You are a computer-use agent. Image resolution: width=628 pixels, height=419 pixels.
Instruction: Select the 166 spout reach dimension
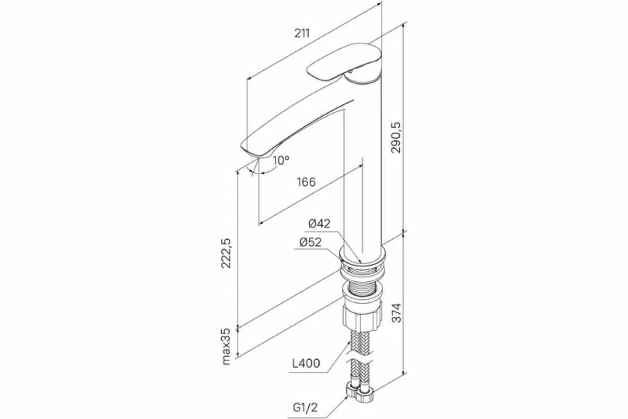(306, 182)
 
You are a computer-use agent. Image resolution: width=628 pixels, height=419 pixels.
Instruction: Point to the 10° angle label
(281, 160)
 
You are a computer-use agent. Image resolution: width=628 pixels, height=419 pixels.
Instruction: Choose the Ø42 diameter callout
(319, 224)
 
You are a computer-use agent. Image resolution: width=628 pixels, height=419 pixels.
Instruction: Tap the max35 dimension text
(226, 346)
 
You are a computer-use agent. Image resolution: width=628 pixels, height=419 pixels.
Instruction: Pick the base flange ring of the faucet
(363, 257)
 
